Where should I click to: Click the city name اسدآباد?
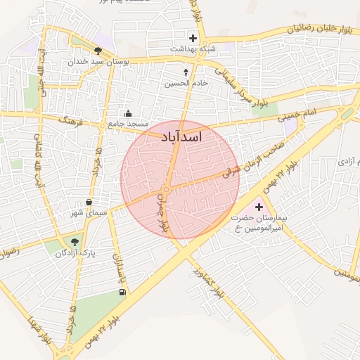[x=181, y=136]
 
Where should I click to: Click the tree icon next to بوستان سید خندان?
[x=97, y=51]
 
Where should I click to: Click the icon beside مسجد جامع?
[x=128, y=113]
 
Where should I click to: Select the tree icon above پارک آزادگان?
[x=76, y=243]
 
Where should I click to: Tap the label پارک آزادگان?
[x=75, y=253]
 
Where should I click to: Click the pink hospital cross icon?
[x=259, y=207]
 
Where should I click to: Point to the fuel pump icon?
[x=123, y=290]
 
